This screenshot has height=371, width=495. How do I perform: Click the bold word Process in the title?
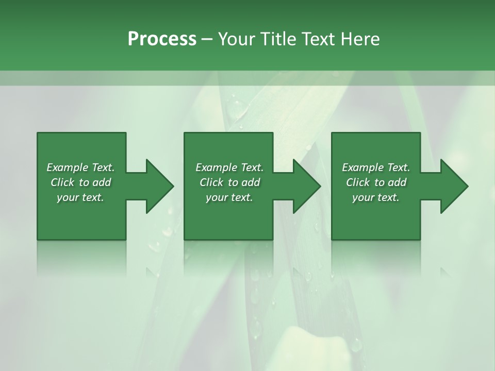162,39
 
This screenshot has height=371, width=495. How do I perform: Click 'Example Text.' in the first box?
80,167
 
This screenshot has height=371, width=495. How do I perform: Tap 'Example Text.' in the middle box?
229,167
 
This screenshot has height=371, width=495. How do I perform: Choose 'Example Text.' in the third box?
376,167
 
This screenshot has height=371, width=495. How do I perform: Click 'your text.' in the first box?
80,197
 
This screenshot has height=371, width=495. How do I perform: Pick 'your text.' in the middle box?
229,197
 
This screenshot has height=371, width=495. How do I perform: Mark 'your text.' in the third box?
376,197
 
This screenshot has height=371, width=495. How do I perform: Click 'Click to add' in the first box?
80,182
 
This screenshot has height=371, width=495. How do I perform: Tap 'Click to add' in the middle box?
229,182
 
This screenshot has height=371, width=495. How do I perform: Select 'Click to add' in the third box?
376,182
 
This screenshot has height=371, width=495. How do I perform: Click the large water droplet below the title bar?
238,108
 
